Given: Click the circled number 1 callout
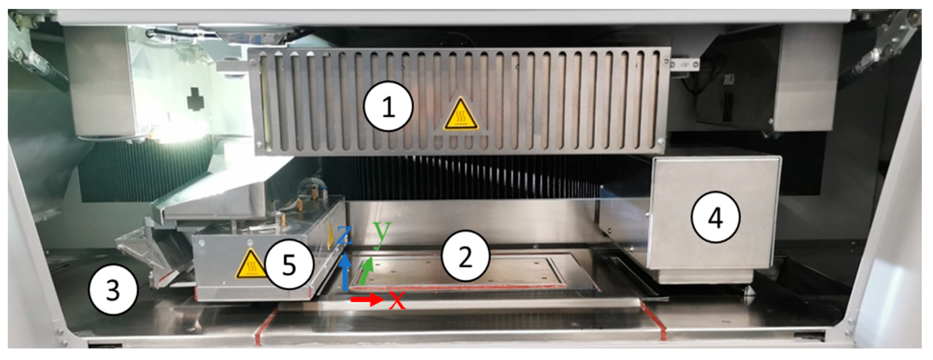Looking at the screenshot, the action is click(x=388, y=106).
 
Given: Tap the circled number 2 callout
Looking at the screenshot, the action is click(x=465, y=255).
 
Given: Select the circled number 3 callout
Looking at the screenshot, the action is click(x=113, y=290).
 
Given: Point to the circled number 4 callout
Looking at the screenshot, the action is click(x=716, y=217).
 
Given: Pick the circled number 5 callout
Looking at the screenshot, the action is click(x=289, y=264).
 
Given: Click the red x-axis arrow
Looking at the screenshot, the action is click(x=367, y=299).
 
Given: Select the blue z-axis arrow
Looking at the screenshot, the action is click(x=345, y=272).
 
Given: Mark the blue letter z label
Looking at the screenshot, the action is click(x=345, y=235).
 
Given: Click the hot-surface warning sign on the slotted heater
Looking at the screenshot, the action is click(x=461, y=113).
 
